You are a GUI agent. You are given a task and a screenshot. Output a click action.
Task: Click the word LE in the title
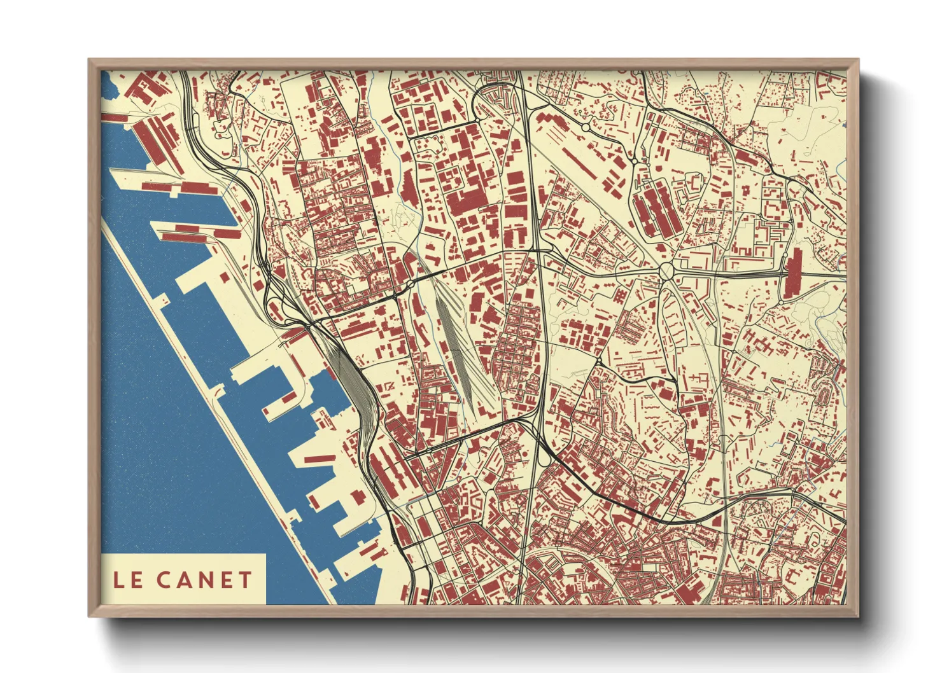point(128,579)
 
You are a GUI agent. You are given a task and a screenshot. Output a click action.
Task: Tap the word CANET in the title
point(204,579)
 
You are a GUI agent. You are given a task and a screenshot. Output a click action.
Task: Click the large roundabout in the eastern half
point(666,272)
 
